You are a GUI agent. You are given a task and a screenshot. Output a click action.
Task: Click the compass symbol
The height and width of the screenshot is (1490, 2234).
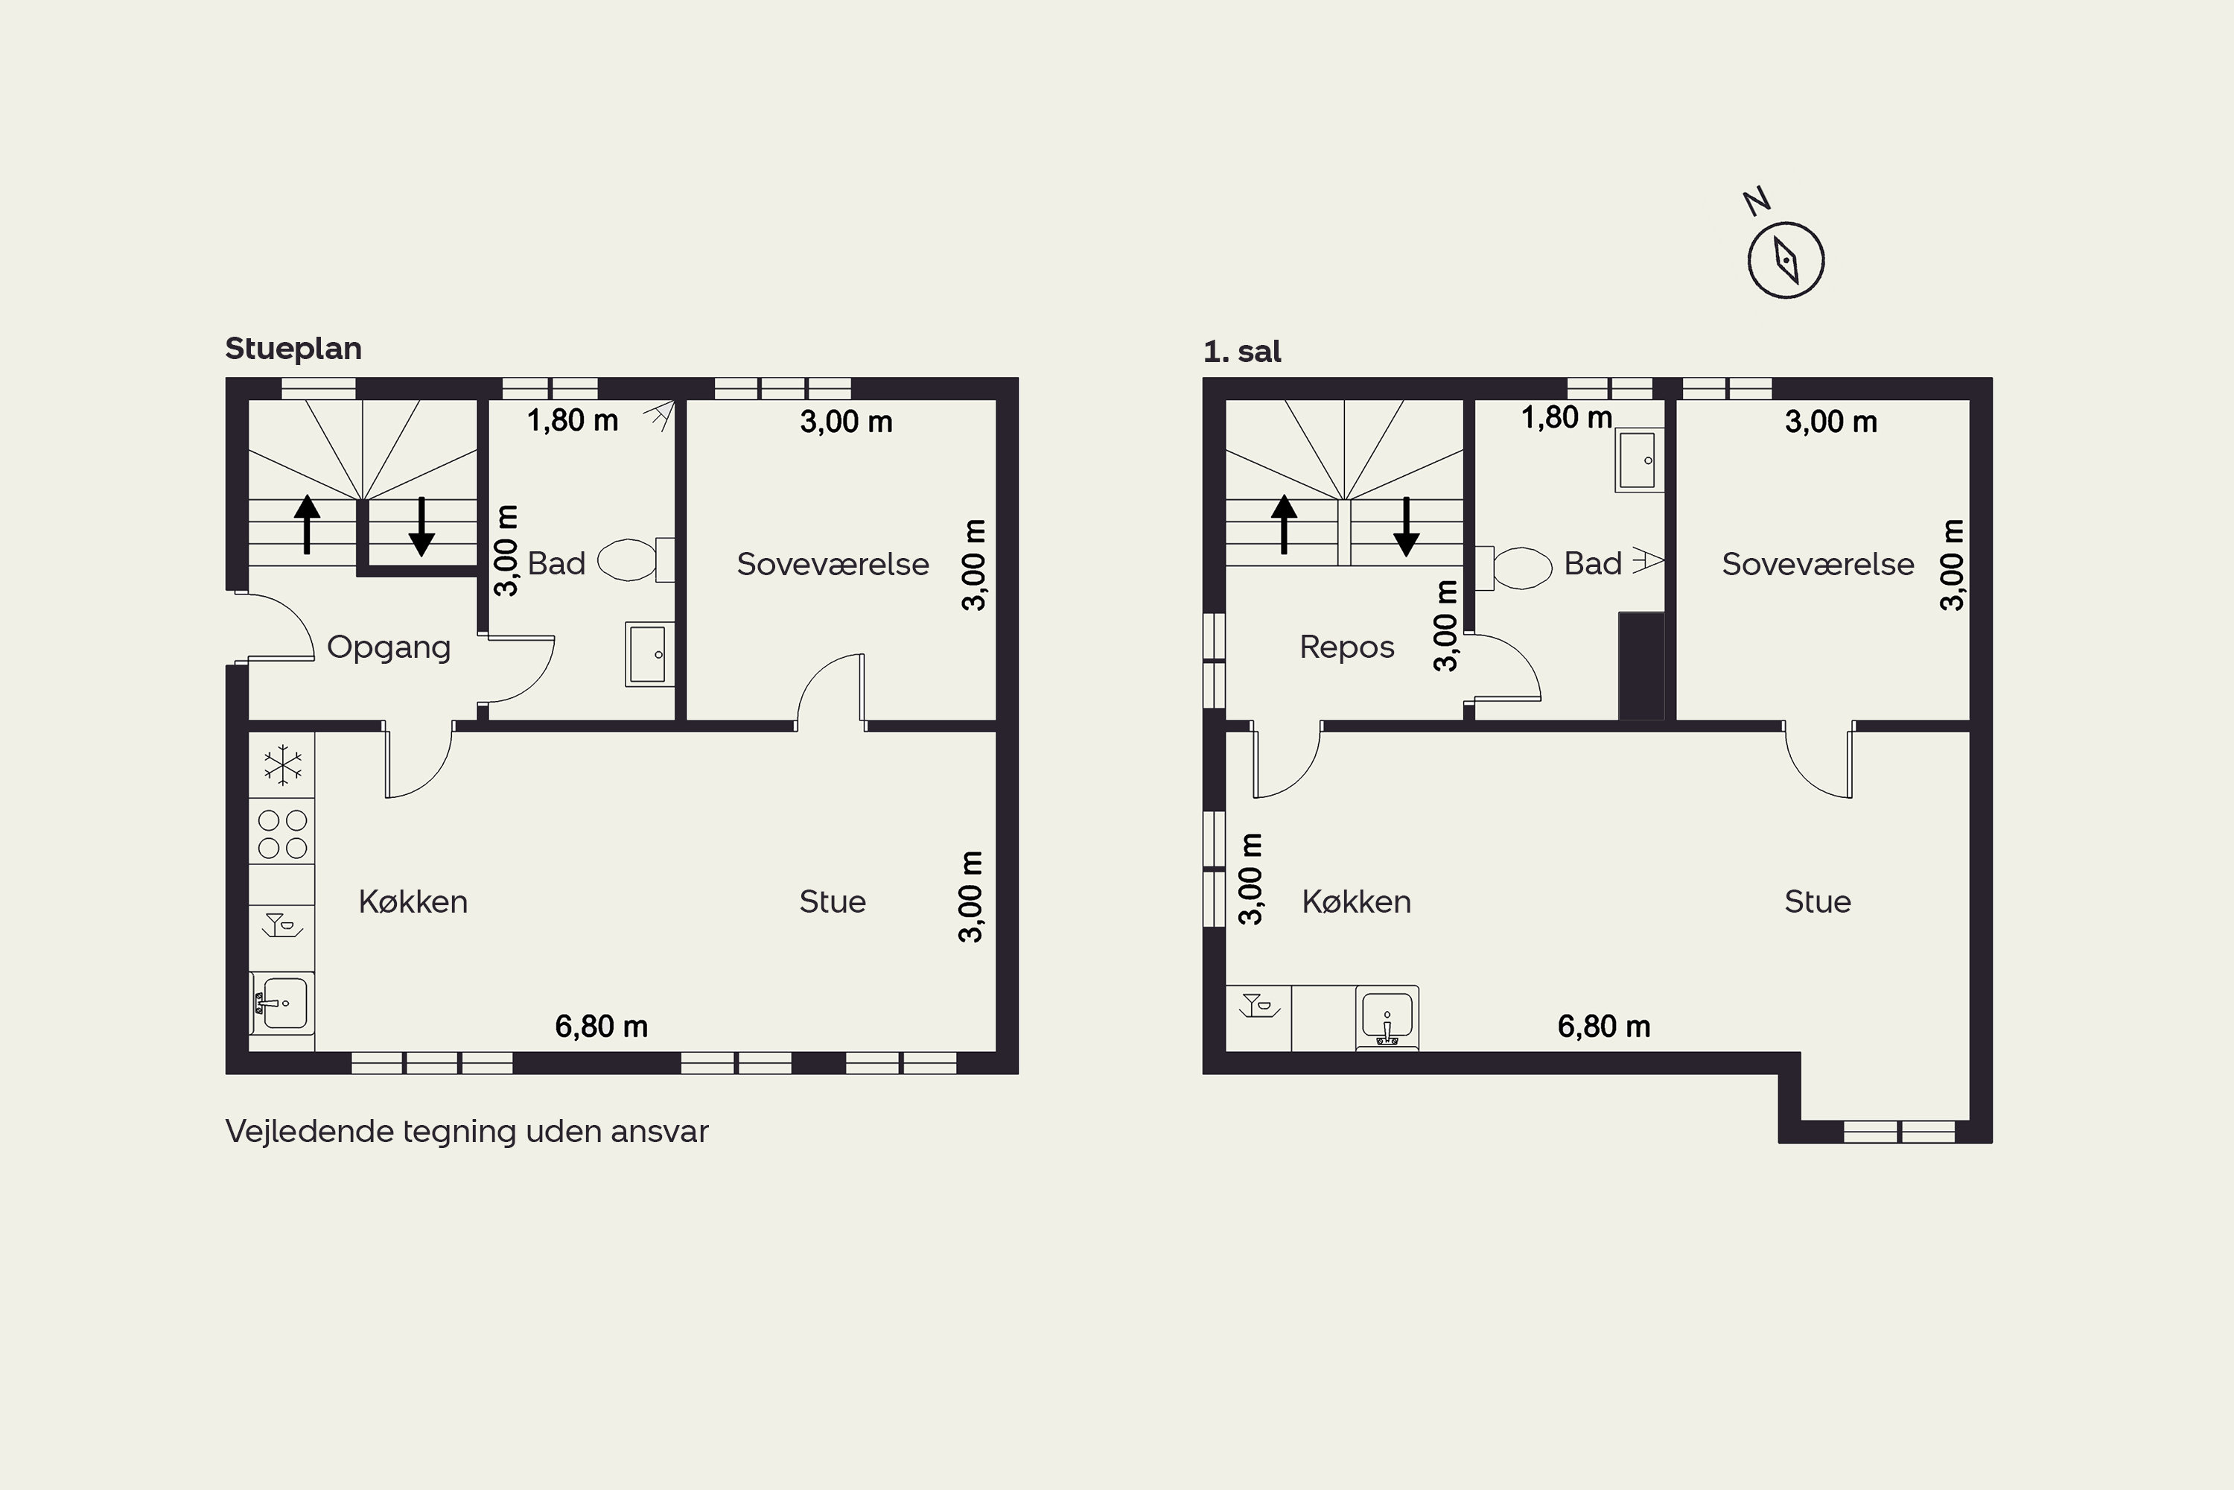(1786, 259)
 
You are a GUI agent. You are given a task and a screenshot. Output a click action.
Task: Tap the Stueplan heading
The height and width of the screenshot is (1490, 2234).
(293, 349)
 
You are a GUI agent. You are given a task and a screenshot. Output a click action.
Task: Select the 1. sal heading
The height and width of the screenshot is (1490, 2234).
(1242, 352)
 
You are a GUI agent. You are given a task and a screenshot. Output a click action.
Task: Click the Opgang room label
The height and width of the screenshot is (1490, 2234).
(389, 647)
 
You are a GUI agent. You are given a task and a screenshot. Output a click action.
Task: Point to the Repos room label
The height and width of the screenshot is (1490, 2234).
(1347, 647)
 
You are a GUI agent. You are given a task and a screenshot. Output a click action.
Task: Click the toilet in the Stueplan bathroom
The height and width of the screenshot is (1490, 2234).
(635, 559)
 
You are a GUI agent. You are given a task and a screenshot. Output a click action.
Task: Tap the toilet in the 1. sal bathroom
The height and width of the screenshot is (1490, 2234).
(1513, 568)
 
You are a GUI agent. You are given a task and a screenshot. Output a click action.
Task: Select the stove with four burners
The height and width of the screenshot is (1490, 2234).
(282, 832)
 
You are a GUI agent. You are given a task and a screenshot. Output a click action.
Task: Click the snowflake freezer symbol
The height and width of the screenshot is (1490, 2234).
(282, 766)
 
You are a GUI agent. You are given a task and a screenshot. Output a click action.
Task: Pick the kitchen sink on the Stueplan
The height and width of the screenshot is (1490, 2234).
(282, 1003)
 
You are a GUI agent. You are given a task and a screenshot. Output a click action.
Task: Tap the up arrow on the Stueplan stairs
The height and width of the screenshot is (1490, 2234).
(307, 524)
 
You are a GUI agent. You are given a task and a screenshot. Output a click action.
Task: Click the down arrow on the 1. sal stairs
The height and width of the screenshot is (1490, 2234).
(1406, 525)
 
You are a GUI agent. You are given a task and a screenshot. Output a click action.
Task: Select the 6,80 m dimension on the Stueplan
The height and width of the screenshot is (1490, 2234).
(601, 1027)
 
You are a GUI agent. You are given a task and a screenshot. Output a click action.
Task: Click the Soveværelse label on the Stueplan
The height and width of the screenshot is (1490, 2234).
(833, 565)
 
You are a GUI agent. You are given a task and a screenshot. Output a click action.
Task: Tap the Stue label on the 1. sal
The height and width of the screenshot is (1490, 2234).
(1817, 901)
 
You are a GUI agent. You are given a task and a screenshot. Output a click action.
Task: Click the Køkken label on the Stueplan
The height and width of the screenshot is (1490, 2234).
(413, 901)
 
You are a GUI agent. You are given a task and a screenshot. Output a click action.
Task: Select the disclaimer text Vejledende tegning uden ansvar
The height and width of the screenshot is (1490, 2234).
(466, 1132)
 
